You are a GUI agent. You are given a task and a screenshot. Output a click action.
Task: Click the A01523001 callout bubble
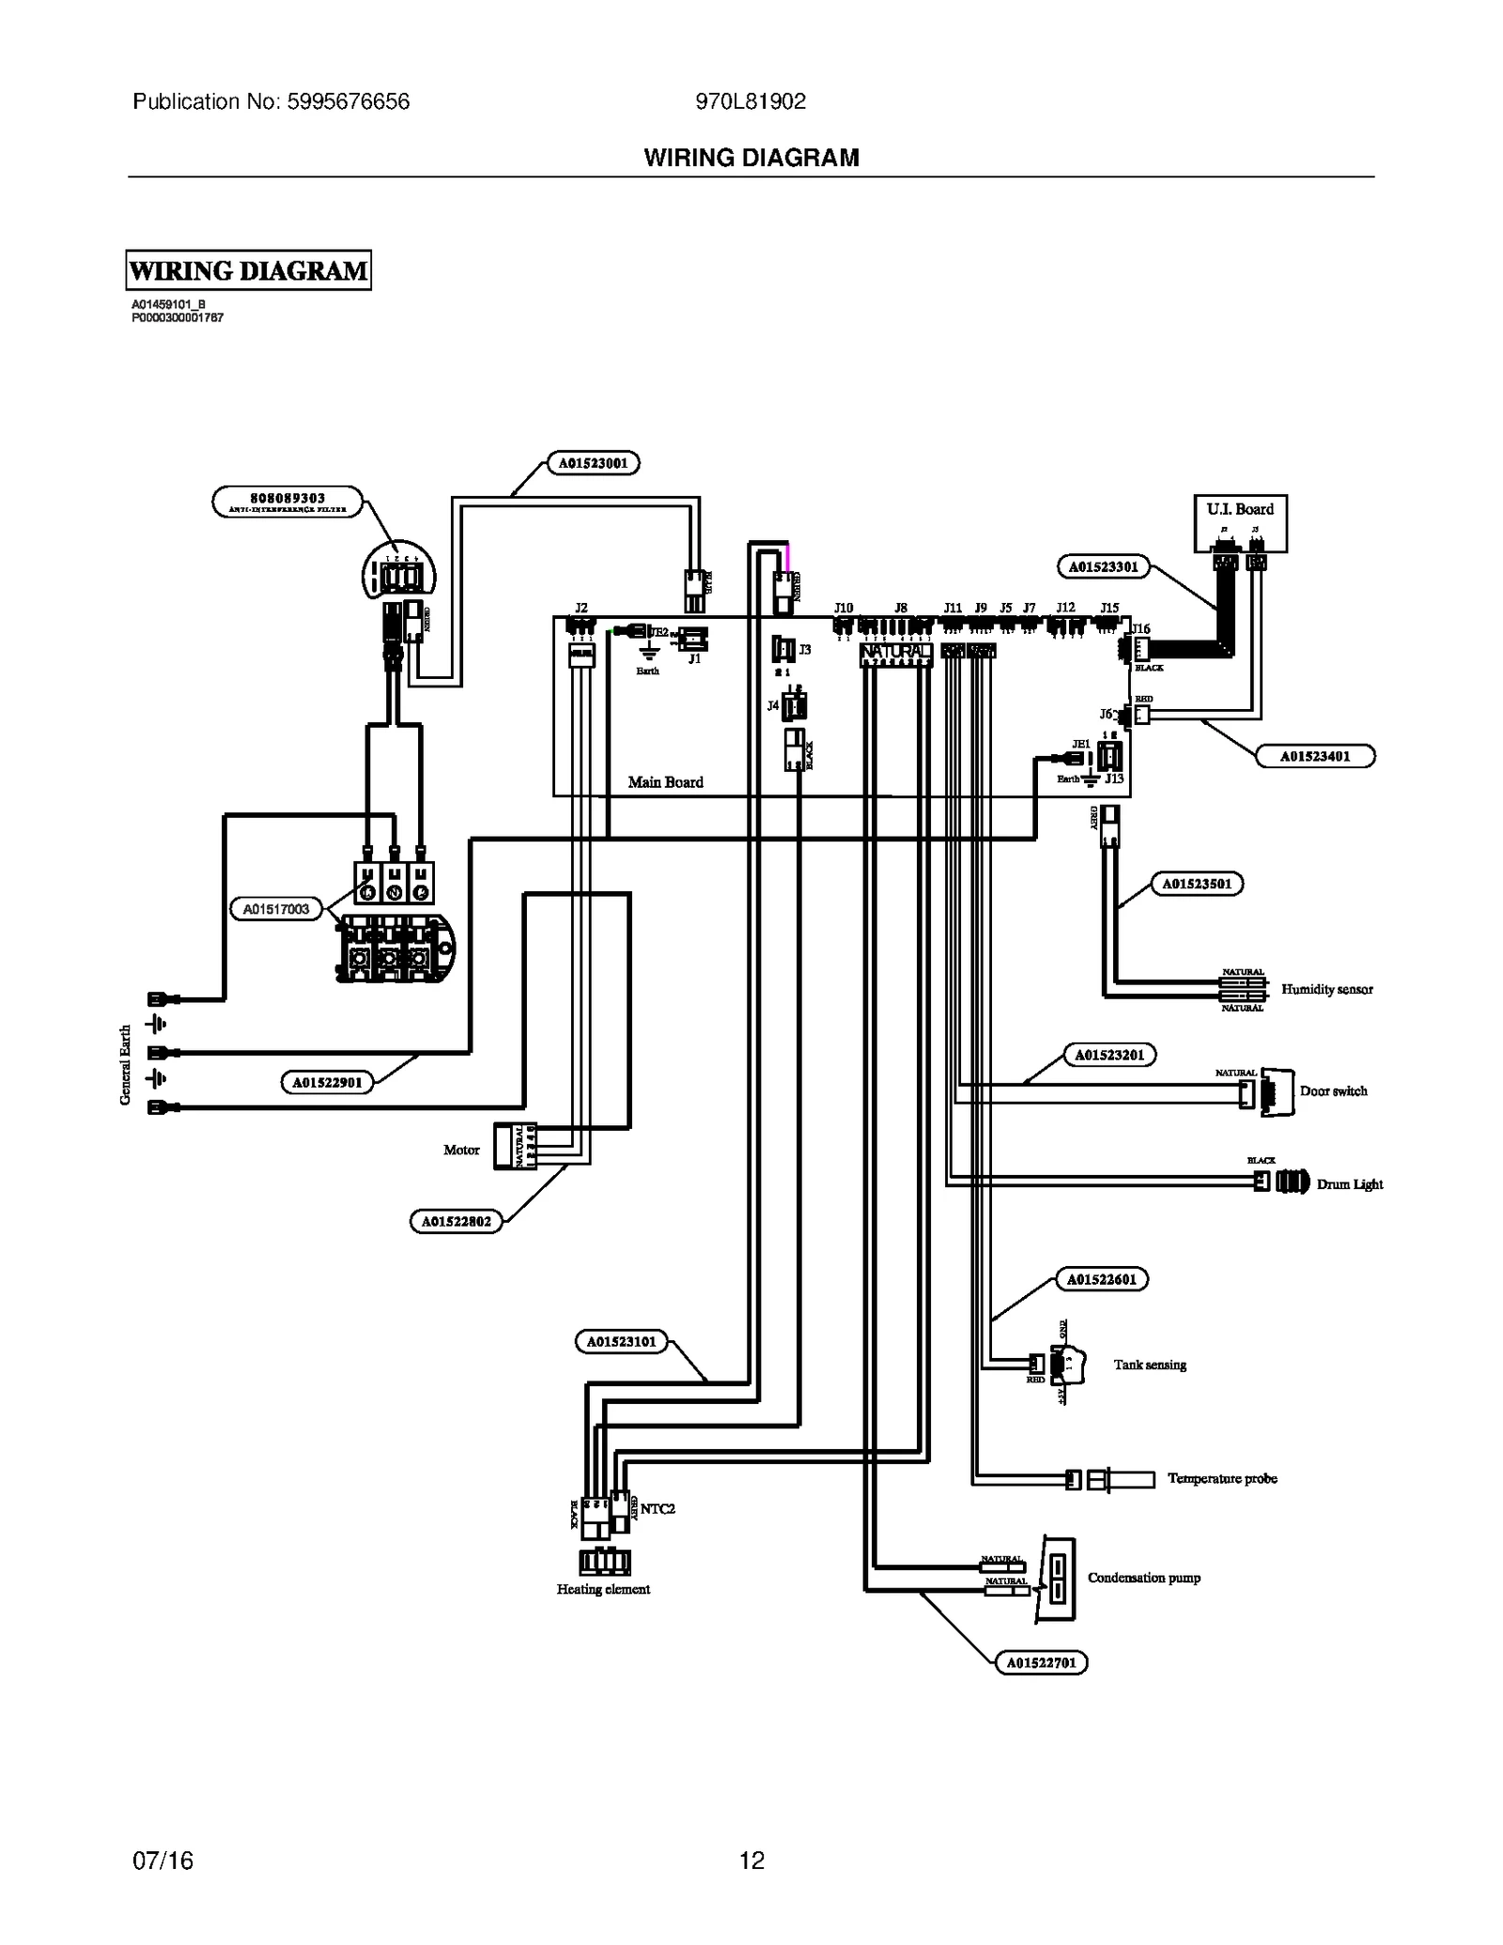click(x=593, y=463)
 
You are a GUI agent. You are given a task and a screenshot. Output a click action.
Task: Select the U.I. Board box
click(x=1239, y=523)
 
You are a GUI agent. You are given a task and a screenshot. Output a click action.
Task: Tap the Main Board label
click(x=665, y=781)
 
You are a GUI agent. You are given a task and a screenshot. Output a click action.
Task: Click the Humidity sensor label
click(x=1326, y=989)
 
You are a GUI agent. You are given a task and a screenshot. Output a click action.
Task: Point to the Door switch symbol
click(x=1276, y=1091)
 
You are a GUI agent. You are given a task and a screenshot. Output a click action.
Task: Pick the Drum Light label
click(x=1349, y=1184)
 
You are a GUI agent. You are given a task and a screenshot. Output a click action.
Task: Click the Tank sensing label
click(x=1150, y=1365)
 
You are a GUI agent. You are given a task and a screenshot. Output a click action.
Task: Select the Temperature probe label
click(x=1221, y=1478)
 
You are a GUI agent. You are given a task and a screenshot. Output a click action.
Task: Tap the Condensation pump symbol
click(x=1057, y=1580)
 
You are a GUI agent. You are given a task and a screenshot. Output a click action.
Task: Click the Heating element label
click(x=603, y=1589)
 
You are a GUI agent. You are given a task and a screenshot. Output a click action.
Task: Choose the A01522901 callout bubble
click(x=327, y=1082)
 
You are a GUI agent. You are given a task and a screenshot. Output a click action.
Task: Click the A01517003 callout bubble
click(x=276, y=909)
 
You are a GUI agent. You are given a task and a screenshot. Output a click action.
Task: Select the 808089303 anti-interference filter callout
click(x=287, y=502)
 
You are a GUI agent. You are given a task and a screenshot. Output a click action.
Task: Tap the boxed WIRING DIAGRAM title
click(x=249, y=270)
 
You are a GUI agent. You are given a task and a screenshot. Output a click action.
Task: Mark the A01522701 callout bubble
click(x=1041, y=1662)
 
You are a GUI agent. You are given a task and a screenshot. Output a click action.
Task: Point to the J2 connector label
click(x=581, y=608)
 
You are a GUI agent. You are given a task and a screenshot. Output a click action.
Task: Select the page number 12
click(x=751, y=1860)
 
